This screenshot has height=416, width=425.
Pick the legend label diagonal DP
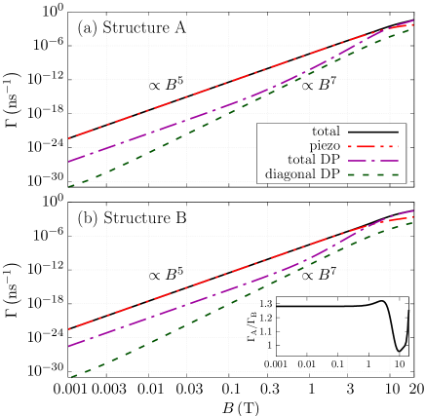coord(302,174)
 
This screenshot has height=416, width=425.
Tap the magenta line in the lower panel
coord(195,300)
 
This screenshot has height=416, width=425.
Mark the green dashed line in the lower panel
coord(195,321)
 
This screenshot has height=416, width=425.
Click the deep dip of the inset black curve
coord(399,349)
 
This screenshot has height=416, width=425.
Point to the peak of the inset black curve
coord(384,301)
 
